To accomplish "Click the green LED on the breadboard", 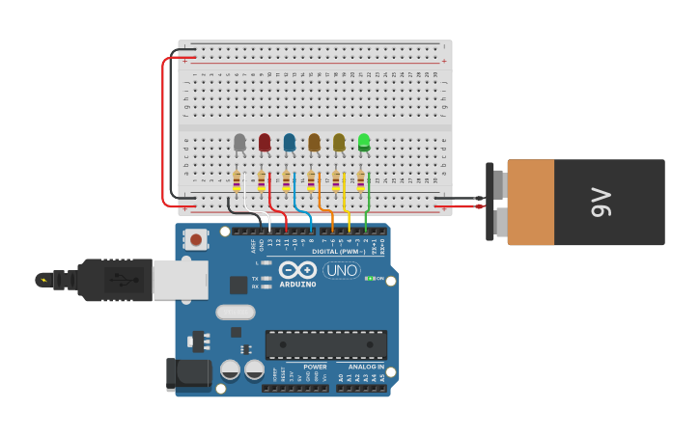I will click(x=364, y=142).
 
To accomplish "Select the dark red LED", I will click(x=265, y=143).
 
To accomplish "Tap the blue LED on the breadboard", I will click(x=290, y=143).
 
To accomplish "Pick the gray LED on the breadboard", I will click(x=239, y=143).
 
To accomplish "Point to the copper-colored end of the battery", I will click(x=530, y=203).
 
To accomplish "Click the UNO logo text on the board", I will click(x=342, y=270).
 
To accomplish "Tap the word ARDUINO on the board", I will click(x=297, y=285).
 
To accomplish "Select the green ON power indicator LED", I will click(x=369, y=279).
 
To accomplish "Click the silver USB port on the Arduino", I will click(x=181, y=280).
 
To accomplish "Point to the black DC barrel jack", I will click(x=188, y=374).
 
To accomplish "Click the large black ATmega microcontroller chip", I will click(x=326, y=344).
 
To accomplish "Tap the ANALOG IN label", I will click(x=366, y=367).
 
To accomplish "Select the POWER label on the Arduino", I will click(x=315, y=367).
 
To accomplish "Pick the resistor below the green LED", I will click(x=360, y=181).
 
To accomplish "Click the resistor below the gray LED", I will click(x=237, y=181).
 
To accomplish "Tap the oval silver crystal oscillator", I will click(x=235, y=312).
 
